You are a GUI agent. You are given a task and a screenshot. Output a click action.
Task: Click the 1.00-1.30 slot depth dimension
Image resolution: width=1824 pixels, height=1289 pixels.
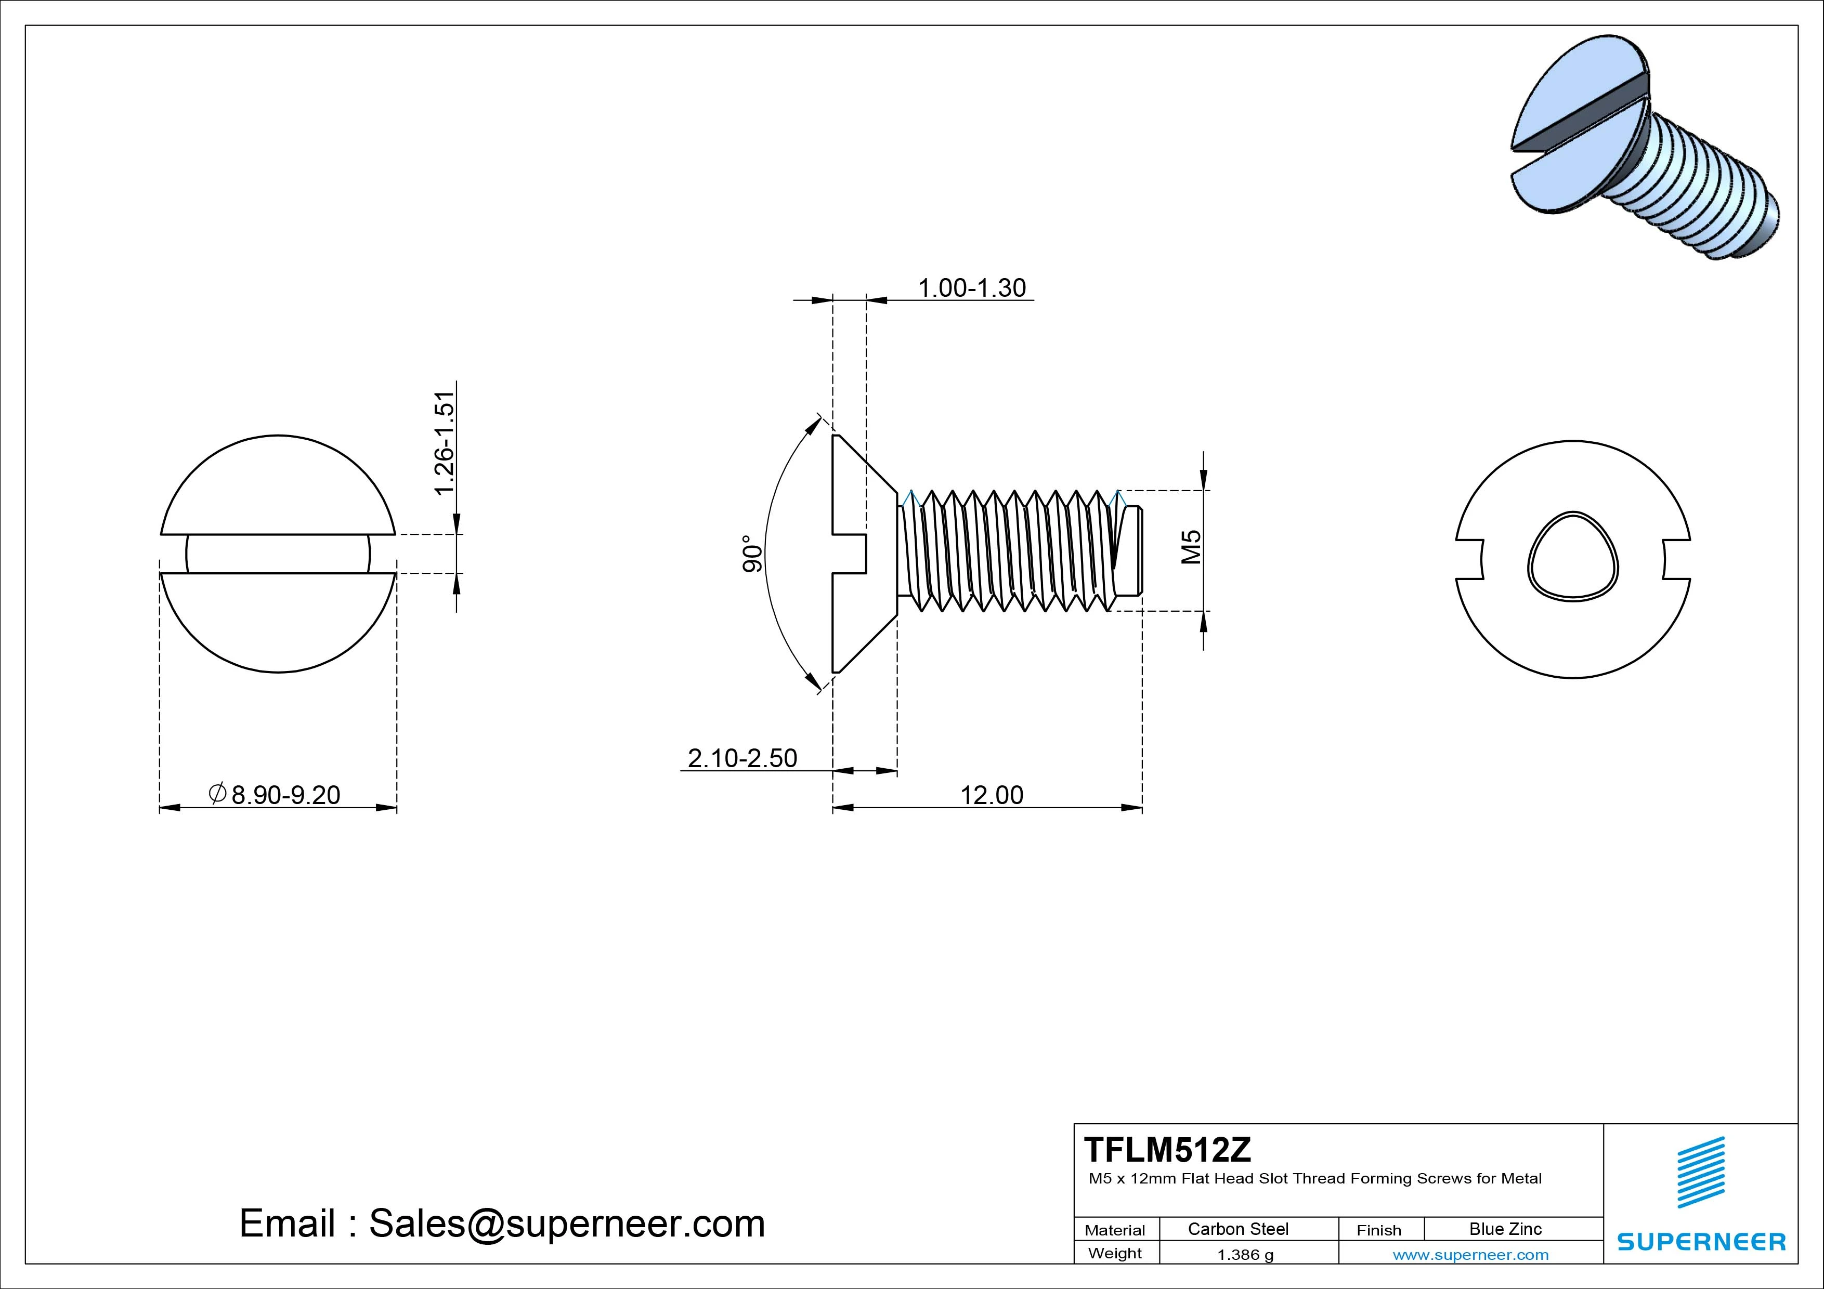972,287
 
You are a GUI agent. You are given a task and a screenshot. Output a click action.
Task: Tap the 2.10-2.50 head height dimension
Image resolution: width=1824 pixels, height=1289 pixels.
742,758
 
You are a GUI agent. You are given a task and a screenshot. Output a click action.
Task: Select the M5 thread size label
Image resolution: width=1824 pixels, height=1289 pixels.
1191,547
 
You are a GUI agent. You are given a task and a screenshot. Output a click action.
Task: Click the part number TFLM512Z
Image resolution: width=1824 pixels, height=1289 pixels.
1167,1149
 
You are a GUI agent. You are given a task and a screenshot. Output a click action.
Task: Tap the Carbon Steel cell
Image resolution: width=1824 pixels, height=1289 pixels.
1237,1229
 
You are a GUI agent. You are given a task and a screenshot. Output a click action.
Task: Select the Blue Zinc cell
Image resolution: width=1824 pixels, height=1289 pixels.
1505,1229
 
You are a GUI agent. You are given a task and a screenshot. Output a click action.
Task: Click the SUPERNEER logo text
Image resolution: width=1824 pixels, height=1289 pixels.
1701,1241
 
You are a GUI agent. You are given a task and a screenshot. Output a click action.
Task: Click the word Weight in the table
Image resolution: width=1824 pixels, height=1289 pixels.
1115,1253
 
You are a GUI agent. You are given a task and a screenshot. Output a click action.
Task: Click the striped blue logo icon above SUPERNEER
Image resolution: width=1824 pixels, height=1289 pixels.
1701,1172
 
